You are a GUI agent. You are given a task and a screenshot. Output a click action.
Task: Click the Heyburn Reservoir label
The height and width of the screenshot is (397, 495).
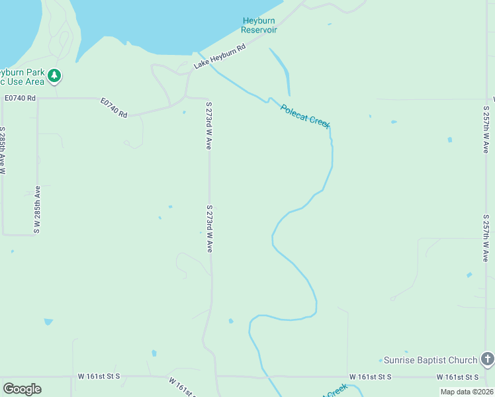pyautogui.click(x=259, y=26)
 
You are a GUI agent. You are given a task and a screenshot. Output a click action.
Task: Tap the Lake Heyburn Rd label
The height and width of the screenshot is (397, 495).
pyautogui.click(x=220, y=57)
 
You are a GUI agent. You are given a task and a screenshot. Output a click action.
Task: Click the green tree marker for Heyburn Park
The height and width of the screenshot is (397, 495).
pyautogui.click(x=54, y=77)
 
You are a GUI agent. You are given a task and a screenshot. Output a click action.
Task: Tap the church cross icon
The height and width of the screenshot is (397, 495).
pyautogui.click(x=488, y=359)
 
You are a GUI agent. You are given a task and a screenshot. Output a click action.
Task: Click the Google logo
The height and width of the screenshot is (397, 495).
pyautogui.click(x=22, y=388)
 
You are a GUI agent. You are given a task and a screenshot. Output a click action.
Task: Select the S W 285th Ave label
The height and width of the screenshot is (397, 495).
pyautogui.click(x=37, y=209)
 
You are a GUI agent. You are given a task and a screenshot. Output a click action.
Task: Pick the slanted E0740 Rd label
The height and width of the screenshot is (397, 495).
pyautogui.click(x=114, y=109)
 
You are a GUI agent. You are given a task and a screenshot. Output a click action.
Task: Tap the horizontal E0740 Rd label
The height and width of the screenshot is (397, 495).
pyautogui.click(x=20, y=97)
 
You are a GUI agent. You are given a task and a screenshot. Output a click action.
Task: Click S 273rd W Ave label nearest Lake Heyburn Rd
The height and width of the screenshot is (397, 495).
pyautogui.click(x=208, y=126)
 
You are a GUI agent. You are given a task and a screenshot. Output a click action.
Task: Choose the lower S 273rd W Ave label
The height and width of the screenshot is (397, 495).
pyautogui.click(x=209, y=228)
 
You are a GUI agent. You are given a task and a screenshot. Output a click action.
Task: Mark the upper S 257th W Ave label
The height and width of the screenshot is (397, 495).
pyautogui.click(x=486, y=130)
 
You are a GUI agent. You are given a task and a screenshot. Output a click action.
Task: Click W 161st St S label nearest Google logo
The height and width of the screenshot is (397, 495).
pyautogui.click(x=99, y=376)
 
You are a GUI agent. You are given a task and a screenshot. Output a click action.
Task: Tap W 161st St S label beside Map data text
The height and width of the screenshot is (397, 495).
pyautogui.click(x=459, y=376)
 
